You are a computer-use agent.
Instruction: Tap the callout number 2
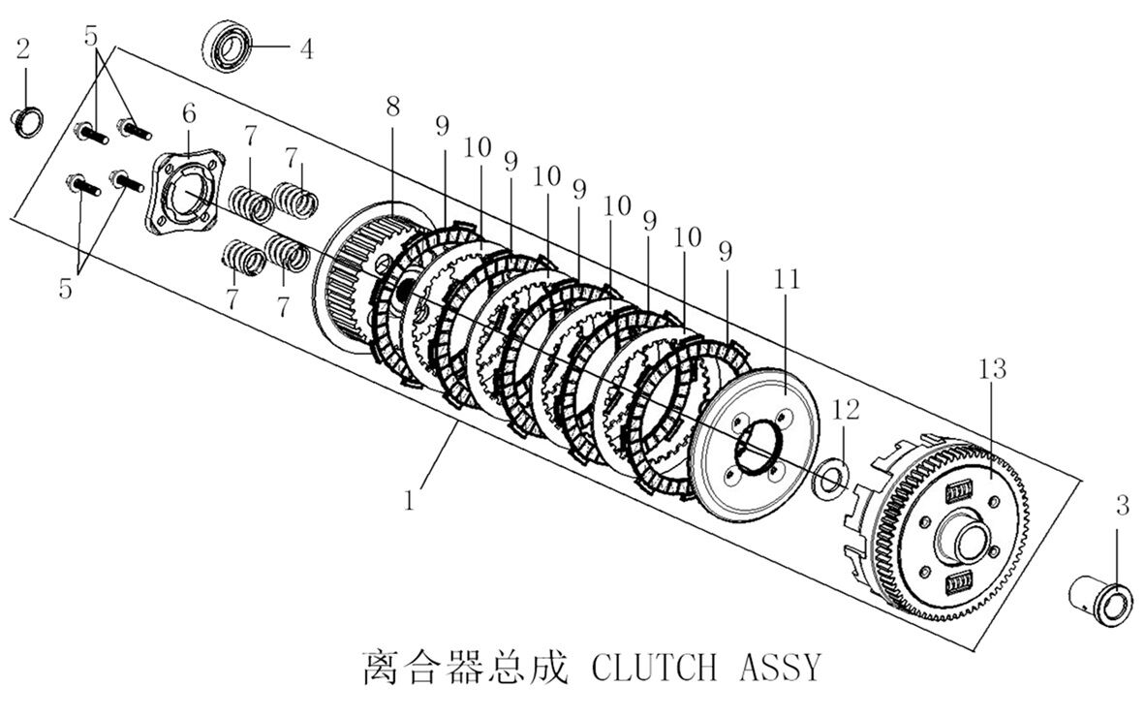pyautogui.click(x=23, y=48)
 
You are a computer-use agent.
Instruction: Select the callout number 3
pyautogui.click(x=1122, y=505)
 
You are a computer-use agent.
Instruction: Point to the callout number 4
pyautogui.click(x=306, y=48)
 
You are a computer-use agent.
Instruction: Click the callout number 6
pyautogui.click(x=188, y=114)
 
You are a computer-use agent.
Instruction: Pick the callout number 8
pyautogui.click(x=392, y=108)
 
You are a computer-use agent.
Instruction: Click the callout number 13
pyautogui.click(x=992, y=369)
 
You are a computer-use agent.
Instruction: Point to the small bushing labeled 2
pyautogui.click(x=26, y=122)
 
